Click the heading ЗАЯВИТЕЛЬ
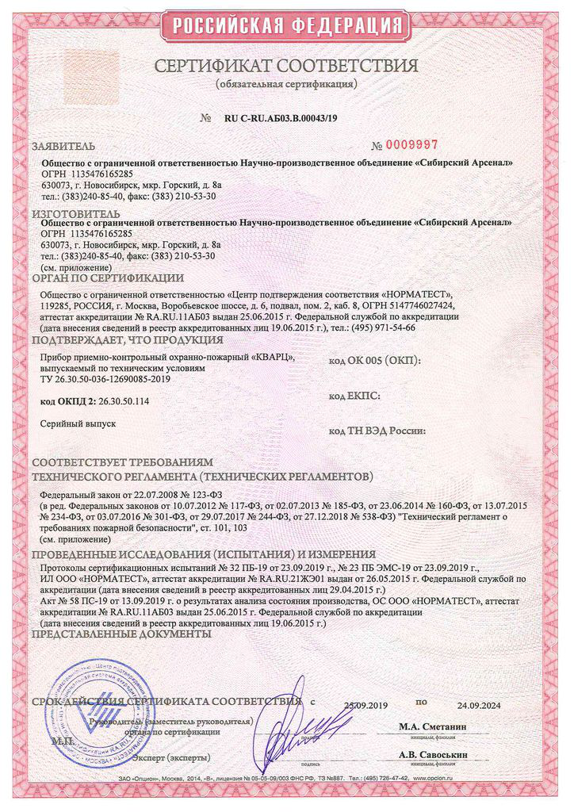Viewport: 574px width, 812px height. [x=63, y=147]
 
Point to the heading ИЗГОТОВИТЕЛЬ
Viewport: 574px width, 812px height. [x=76, y=213]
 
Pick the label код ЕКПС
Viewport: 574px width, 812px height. [x=354, y=394]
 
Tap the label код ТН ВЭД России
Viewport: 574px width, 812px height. [x=376, y=430]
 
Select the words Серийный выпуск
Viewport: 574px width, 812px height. [x=78, y=424]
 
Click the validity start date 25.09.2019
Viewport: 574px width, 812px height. [x=363, y=703]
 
